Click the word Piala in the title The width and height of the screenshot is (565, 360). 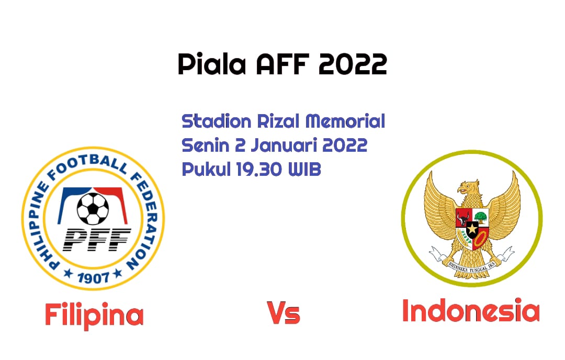point(212,64)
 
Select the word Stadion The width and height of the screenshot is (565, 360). point(217,121)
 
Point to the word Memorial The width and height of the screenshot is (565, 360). point(346,121)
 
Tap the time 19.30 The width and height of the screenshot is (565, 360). point(259,169)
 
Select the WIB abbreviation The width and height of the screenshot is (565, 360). point(304,169)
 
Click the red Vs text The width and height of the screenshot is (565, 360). point(284,312)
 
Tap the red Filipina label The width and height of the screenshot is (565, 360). point(94,315)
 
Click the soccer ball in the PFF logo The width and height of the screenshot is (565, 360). point(93,209)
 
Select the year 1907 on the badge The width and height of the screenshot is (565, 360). point(93,277)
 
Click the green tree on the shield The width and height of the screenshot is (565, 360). point(480,217)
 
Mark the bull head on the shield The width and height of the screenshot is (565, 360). point(463,218)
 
